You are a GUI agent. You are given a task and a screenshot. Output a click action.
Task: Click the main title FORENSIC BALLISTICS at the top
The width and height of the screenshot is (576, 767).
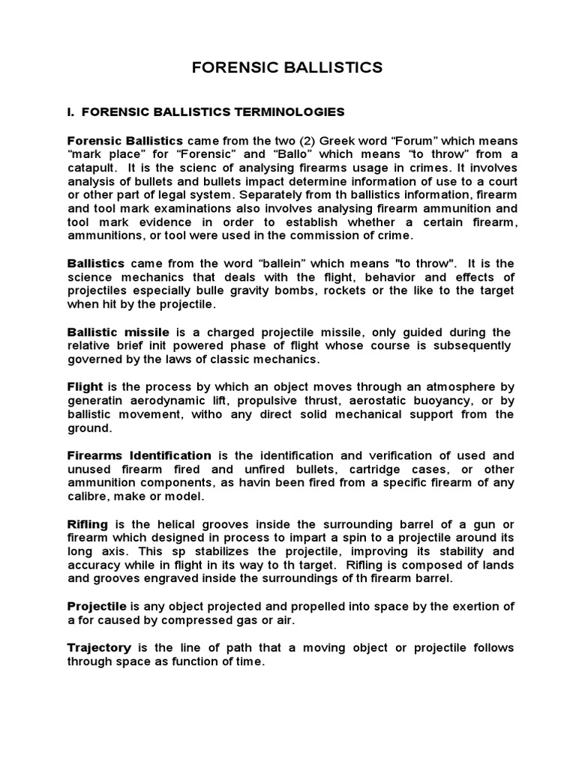287,67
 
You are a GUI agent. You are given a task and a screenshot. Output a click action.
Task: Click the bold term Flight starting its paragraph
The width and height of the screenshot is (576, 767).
85,386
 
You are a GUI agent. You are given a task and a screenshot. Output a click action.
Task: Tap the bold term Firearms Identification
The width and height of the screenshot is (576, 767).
139,455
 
